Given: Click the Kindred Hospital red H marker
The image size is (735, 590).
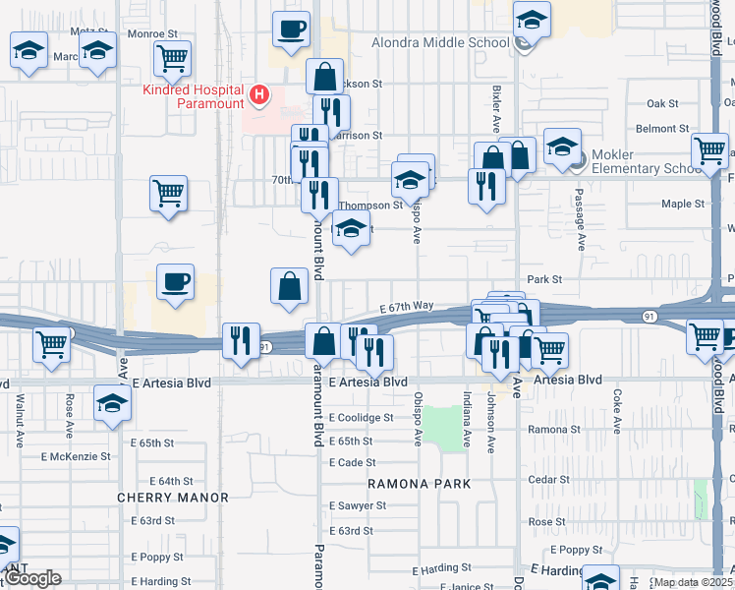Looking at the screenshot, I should point(259,93).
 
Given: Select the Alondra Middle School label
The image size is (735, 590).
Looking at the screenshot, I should point(440,42).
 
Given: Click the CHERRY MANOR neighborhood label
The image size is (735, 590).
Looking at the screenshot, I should point(173,498).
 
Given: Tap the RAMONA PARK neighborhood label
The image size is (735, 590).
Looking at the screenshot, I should point(420,484).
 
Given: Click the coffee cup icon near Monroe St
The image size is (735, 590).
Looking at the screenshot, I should point(291,29).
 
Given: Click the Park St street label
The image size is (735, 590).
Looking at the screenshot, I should point(543,279).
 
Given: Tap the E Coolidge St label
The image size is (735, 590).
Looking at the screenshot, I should point(362,417).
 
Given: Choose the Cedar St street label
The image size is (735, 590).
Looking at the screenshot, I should point(569,480).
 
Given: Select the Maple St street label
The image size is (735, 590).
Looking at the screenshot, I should point(683,204).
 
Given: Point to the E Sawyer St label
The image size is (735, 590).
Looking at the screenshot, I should point(358,505).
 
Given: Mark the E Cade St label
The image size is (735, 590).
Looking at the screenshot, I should point(353,462).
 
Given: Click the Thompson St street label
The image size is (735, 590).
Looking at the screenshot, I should point(370,206).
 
